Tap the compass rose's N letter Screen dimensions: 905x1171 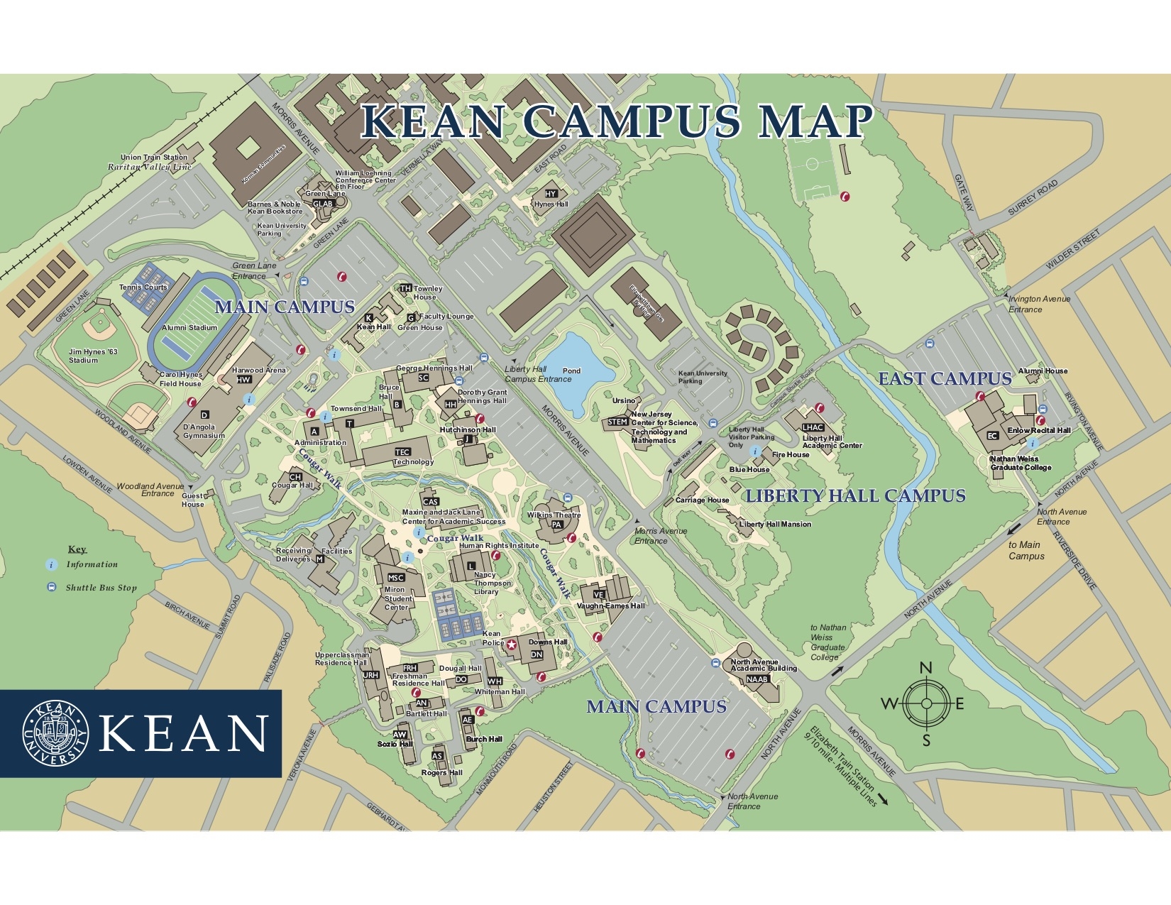925,668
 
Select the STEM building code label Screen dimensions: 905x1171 617,422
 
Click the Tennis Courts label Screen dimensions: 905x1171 143,287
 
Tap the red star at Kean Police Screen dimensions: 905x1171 512,645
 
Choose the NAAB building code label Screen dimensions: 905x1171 757,679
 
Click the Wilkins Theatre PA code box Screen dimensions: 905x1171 557,525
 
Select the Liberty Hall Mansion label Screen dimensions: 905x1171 775,525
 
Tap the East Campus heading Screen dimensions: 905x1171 945,379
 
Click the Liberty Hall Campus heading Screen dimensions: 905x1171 855,496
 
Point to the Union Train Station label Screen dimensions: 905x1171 153,158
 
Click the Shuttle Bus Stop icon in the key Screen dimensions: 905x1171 51,588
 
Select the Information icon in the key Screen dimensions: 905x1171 51,565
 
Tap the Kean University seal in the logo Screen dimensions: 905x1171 55,733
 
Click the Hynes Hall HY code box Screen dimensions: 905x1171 551,194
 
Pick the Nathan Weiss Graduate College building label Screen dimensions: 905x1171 1021,464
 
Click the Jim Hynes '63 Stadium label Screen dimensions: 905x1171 92,356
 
